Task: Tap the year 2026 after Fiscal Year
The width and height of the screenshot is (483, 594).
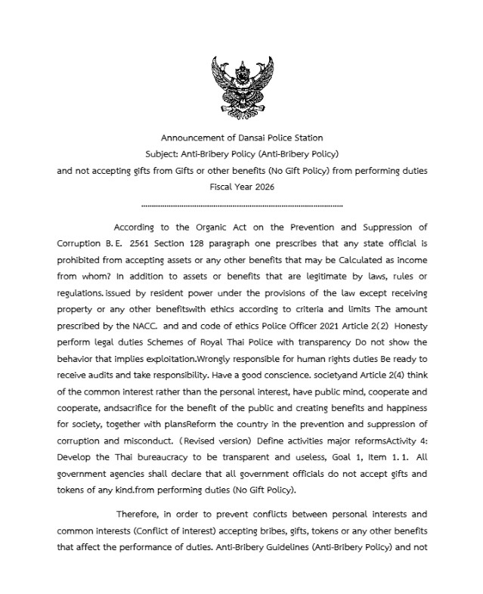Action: (262, 187)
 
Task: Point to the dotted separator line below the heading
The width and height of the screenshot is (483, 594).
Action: (242, 205)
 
